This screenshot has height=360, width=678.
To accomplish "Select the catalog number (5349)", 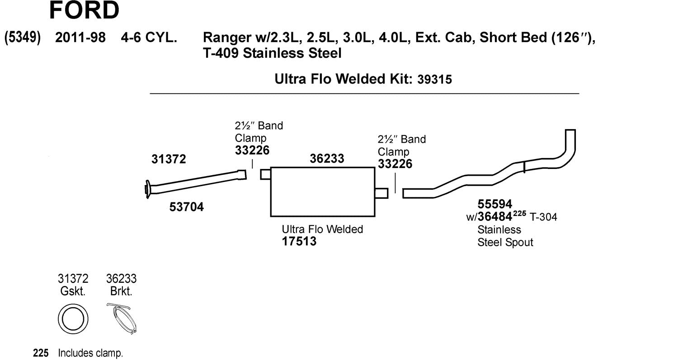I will (23, 37).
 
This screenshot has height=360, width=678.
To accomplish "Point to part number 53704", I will (186, 207).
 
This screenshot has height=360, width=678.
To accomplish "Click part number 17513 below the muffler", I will (299, 241).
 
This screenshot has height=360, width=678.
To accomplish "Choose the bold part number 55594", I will (494, 204).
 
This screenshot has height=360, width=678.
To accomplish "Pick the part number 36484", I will (497, 217).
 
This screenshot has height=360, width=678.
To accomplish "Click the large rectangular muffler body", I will (322, 192).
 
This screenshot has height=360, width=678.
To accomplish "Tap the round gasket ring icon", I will (73, 319).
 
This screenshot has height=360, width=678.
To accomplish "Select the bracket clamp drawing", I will (123, 318).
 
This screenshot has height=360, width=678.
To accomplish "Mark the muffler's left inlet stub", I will (265, 174).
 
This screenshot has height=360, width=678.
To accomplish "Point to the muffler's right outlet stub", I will (381, 193).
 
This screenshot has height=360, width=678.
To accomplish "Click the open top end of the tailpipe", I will (570, 131).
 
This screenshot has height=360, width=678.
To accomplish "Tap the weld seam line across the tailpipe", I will (524, 167).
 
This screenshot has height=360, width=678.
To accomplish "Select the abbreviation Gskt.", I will (73, 291).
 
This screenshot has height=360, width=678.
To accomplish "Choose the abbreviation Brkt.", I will (121, 291).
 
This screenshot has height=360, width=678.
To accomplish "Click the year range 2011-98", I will (80, 37).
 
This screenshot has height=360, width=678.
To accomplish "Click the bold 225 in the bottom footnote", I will (41, 353).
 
